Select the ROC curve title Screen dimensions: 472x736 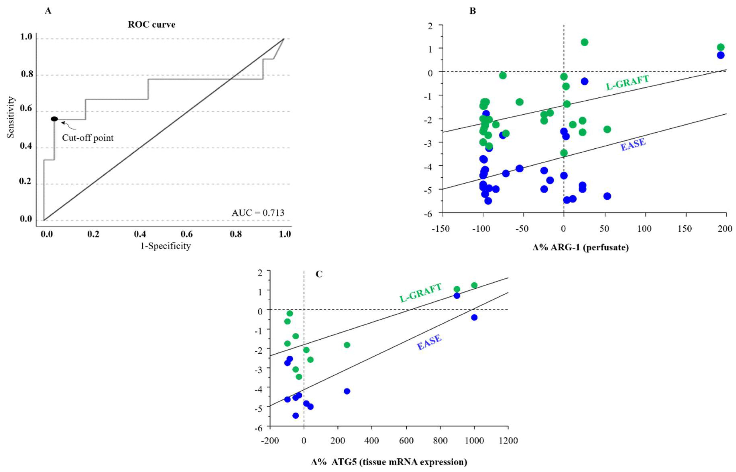click(x=151, y=25)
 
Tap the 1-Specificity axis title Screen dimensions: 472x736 click(x=166, y=246)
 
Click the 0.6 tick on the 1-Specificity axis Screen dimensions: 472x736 click(x=187, y=234)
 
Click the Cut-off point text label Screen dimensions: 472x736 click(x=88, y=138)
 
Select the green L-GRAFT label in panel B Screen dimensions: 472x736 click(x=627, y=83)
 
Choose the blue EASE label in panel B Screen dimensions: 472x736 click(x=633, y=144)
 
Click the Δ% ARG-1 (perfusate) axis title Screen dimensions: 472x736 click(x=580, y=247)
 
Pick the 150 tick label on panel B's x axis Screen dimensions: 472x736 click(x=685, y=229)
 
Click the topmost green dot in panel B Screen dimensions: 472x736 click(x=584, y=42)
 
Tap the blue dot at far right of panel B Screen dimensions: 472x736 click(x=721, y=55)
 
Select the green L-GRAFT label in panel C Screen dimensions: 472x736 click(x=421, y=292)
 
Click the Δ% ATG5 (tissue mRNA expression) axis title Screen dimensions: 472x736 click(x=389, y=462)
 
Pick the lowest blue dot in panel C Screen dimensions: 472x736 click(x=295, y=416)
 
